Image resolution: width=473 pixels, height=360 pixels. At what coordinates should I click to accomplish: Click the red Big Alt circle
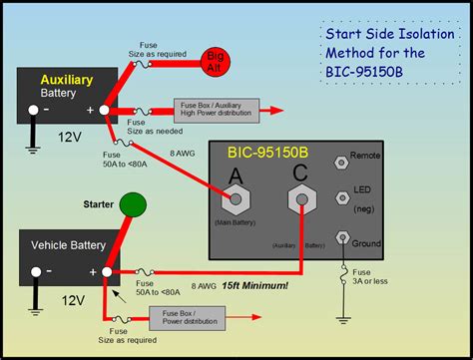tap(214, 58)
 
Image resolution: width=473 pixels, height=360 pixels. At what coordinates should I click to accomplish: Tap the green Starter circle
tap(132, 205)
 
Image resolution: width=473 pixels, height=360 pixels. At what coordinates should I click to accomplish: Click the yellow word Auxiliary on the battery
tap(66, 78)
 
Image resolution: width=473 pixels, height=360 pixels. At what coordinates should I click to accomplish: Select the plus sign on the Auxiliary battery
tap(92, 111)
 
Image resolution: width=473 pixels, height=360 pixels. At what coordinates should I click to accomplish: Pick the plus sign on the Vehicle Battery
tap(93, 271)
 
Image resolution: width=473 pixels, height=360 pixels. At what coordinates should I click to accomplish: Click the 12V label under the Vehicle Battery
tap(69, 300)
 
